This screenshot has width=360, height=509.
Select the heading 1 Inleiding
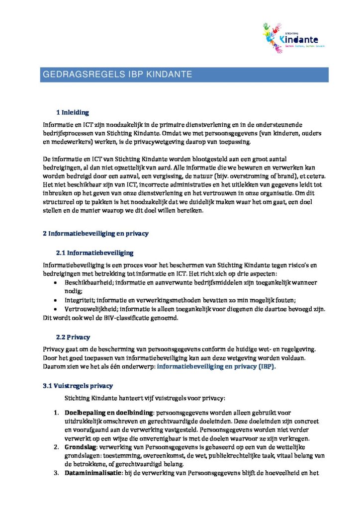[x=73, y=112]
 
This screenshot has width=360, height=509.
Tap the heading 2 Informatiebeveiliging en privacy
[x=95, y=233]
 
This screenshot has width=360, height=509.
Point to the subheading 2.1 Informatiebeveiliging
[x=94, y=253]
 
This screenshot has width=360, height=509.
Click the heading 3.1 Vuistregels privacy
[x=78, y=385]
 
